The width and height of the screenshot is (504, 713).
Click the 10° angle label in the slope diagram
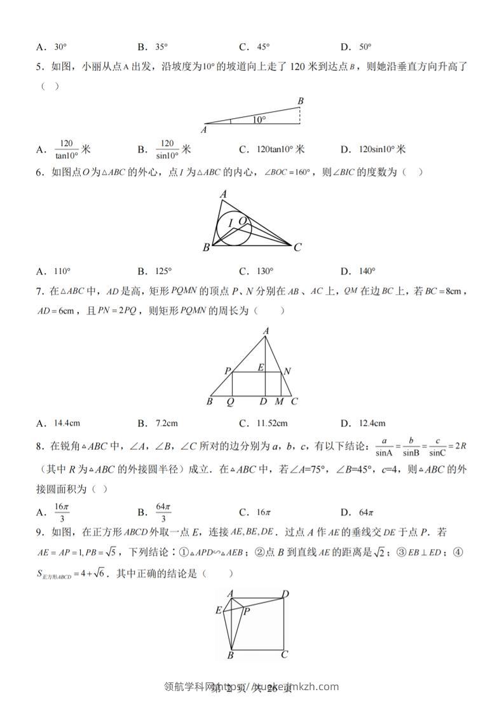(x=258, y=119)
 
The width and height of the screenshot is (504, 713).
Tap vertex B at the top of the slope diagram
(x=301, y=100)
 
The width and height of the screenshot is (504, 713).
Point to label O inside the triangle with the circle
(x=242, y=220)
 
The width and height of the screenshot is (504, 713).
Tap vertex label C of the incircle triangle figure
(x=297, y=248)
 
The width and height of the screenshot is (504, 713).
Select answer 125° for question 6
(x=163, y=271)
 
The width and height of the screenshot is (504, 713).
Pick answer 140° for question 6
(x=367, y=271)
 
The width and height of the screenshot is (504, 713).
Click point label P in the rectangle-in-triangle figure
(x=227, y=370)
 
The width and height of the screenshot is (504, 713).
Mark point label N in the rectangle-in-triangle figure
(x=287, y=370)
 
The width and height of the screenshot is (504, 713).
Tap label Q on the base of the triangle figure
(x=231, y=402)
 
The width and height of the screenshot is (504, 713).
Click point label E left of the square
(x=219, y=611)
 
